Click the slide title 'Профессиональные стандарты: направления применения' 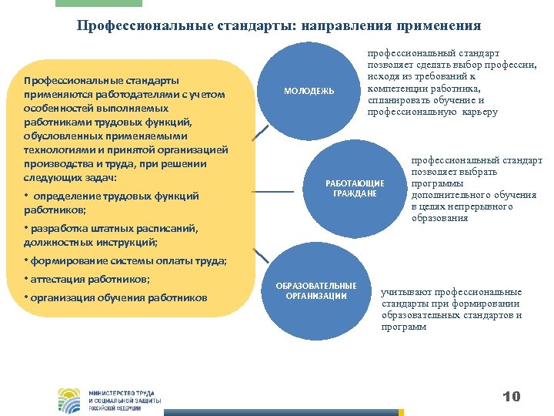point(279,25)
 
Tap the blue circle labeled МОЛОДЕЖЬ point(309,91)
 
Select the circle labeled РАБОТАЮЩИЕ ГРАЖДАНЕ point(355,189)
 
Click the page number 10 point(511,397)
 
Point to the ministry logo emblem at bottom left point(68,400)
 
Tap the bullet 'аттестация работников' point(88,279)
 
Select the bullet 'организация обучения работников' point(115,298)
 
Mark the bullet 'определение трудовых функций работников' point(112,196)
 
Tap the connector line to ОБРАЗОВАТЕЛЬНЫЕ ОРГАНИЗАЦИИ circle point(262,254)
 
